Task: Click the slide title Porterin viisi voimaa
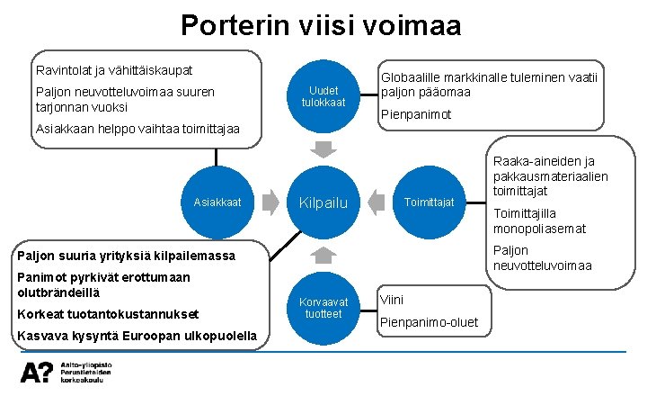(321, 24)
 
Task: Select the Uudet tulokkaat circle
(323, 96)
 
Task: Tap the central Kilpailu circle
(323, 202)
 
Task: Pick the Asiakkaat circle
(217, 202)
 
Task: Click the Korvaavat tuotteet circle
(323, 307)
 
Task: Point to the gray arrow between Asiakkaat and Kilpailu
(270, 202)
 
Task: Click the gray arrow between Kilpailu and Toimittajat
(377, 202)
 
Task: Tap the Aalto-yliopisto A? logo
(38, 370)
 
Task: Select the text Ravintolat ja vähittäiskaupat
(114, 69)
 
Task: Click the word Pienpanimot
(416, 114)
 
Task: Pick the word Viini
(393, 299)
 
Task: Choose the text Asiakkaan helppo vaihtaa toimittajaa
(137, 129)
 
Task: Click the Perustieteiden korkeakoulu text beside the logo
(86, 374)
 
